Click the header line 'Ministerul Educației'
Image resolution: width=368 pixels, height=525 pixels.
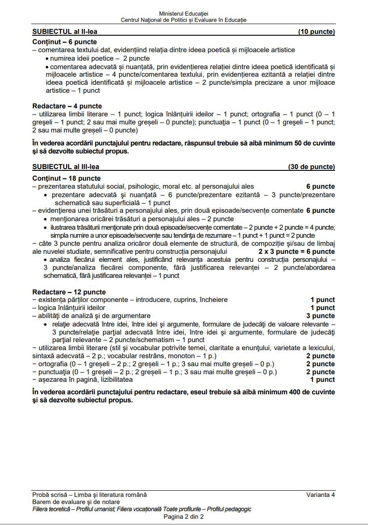click(183, 14)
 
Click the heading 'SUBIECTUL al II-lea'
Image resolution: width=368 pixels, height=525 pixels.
click(65, 32)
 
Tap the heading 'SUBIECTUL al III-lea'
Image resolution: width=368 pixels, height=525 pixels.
click(66, 167)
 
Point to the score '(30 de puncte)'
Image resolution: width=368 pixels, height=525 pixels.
click(311, 167)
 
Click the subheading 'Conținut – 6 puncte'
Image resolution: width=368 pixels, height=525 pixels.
click(65, 42)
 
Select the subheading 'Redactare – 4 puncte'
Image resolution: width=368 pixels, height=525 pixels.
click(67, 106)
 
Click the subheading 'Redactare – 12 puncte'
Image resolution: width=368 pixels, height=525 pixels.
click(69, 292)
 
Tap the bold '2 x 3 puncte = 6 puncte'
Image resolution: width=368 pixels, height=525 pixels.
click(297, 252)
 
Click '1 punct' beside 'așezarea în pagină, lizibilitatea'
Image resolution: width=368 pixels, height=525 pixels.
click(322, 380)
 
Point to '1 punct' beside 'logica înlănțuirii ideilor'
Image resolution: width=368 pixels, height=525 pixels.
click(322, 308)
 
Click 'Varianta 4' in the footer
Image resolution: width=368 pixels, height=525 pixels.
click(320, 495)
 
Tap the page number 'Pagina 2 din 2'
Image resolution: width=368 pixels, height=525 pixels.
click(184, 517)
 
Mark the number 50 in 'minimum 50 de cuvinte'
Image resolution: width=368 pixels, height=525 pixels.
click(294, 143)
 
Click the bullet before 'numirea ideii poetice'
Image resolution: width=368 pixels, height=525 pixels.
click(47, 58)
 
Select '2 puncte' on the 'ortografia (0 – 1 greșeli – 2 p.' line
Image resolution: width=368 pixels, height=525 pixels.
click(320, 364)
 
